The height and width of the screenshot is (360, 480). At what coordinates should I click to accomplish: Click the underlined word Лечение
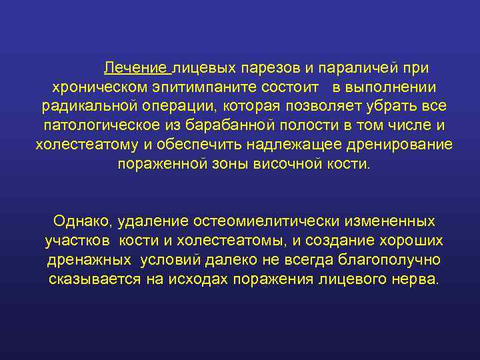135,69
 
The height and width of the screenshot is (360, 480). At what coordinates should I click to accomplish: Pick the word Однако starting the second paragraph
79,221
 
